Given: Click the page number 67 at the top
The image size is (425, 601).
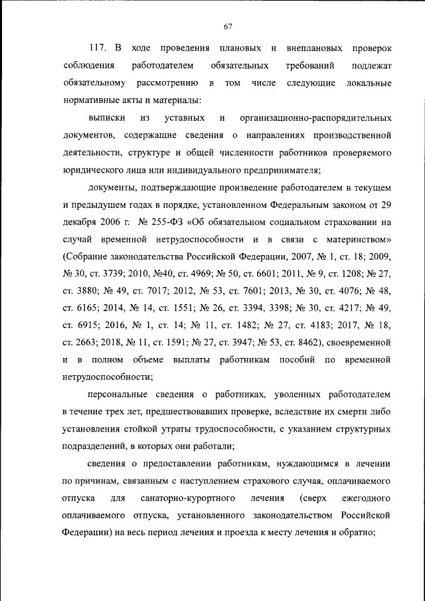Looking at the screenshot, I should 227,27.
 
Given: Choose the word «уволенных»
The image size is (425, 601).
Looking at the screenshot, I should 268,394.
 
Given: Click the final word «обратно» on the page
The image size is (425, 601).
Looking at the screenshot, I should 359,533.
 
